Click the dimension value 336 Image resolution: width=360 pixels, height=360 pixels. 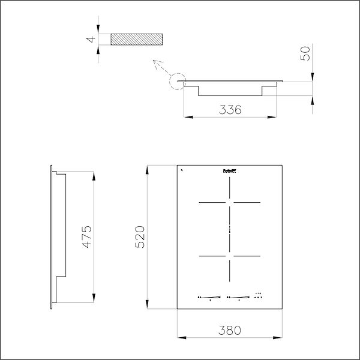[x=230, y=110]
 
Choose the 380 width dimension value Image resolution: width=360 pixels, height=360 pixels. [x=230, y=329]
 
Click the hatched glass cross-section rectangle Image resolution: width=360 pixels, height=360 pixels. [x=136, y=40]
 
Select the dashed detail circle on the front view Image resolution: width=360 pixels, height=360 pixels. [x=178, y=81]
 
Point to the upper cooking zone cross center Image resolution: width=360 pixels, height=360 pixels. [x=230, y=203]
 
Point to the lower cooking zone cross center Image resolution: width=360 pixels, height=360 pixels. [x=230, y=257]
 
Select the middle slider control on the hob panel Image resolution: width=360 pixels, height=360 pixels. [x=239, y=296]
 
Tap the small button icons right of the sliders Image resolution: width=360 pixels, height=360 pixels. [x=259, y=295]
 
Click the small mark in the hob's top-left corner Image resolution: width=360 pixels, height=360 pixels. [x=181, y=170]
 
